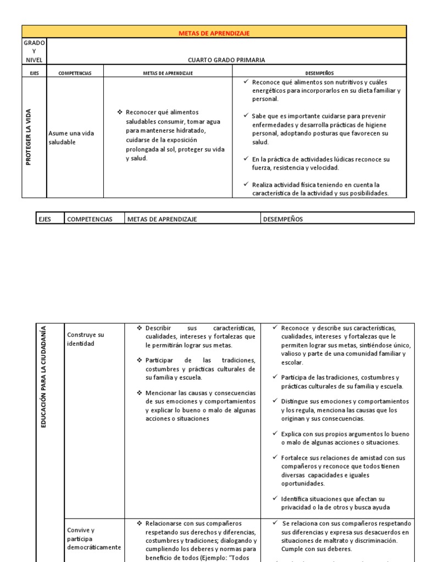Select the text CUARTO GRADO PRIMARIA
point(226,60)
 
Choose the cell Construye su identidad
point(85,339)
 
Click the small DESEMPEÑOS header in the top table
point(319,72)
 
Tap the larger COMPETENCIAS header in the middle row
point(89,220)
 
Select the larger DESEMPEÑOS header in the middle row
point(284,220)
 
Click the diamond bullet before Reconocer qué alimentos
point(120,112)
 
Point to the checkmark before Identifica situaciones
point(275,499)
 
